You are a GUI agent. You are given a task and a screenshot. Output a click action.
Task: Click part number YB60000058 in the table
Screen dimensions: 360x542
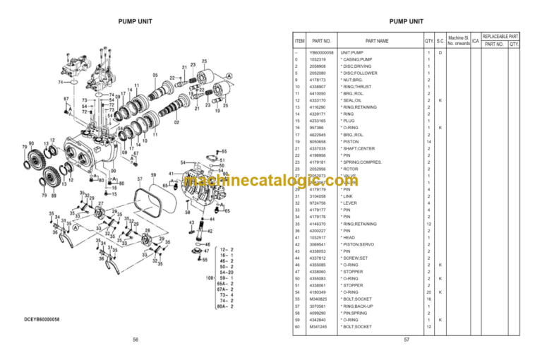(323, 53)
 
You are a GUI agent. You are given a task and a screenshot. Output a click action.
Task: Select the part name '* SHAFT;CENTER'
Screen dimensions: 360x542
(358, 149)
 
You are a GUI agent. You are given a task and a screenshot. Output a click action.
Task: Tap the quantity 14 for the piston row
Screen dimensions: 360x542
(428, 142)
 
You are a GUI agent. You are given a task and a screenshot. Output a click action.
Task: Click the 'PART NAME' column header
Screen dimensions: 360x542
(377, 41)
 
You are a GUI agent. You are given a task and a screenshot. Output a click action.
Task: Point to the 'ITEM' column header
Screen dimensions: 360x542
(299, 41)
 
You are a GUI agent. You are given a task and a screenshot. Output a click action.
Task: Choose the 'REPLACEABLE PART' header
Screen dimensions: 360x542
(500, 35)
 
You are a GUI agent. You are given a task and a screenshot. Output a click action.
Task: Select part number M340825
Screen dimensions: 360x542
(321, 299)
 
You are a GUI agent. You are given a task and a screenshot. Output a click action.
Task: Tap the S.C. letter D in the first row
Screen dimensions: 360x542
(440, 53)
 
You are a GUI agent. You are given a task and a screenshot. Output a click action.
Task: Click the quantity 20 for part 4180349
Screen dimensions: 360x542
(428, 292)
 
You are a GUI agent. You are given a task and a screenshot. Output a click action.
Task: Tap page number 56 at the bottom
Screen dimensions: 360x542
(135, 340)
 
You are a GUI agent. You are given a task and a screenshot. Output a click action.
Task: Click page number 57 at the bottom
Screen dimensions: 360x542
(406, 340)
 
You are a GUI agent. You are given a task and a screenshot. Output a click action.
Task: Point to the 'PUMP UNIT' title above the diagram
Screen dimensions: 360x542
(135, 21)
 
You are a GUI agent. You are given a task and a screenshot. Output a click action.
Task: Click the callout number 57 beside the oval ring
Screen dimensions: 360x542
(140, 179)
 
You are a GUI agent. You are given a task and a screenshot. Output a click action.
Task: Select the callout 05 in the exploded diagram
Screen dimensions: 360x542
(155, 75)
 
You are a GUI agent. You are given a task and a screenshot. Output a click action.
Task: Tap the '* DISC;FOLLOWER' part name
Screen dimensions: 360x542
(359, 73)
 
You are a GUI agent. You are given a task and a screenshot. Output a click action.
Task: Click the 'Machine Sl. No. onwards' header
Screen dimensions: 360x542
(459, 41)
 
